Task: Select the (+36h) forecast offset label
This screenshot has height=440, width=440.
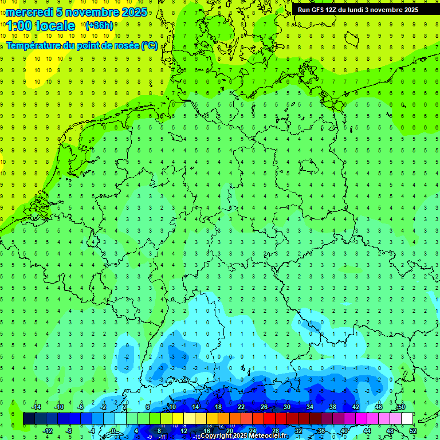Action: click(x=99, y=26)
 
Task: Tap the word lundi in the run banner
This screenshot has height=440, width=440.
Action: click(x=363, y=10)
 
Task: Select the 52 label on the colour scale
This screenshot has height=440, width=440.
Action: click(x=413, y=430)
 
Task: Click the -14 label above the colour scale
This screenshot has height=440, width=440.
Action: click(x=36, y=407)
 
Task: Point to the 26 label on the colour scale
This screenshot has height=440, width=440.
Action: click(x=264, y=407)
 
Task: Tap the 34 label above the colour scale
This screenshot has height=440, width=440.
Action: click(x=310, y=407)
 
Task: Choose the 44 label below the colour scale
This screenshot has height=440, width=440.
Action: click(x=367, y=430)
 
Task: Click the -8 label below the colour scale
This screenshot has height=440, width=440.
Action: click(x=69, y=430)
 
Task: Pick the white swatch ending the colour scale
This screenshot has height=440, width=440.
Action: click(x=407, y=419)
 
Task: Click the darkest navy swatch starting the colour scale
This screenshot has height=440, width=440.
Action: click(x=29, y=419)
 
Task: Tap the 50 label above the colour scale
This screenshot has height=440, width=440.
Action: click(x=402, y=407)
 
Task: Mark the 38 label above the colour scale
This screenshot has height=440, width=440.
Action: click(x=333, y=407)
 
